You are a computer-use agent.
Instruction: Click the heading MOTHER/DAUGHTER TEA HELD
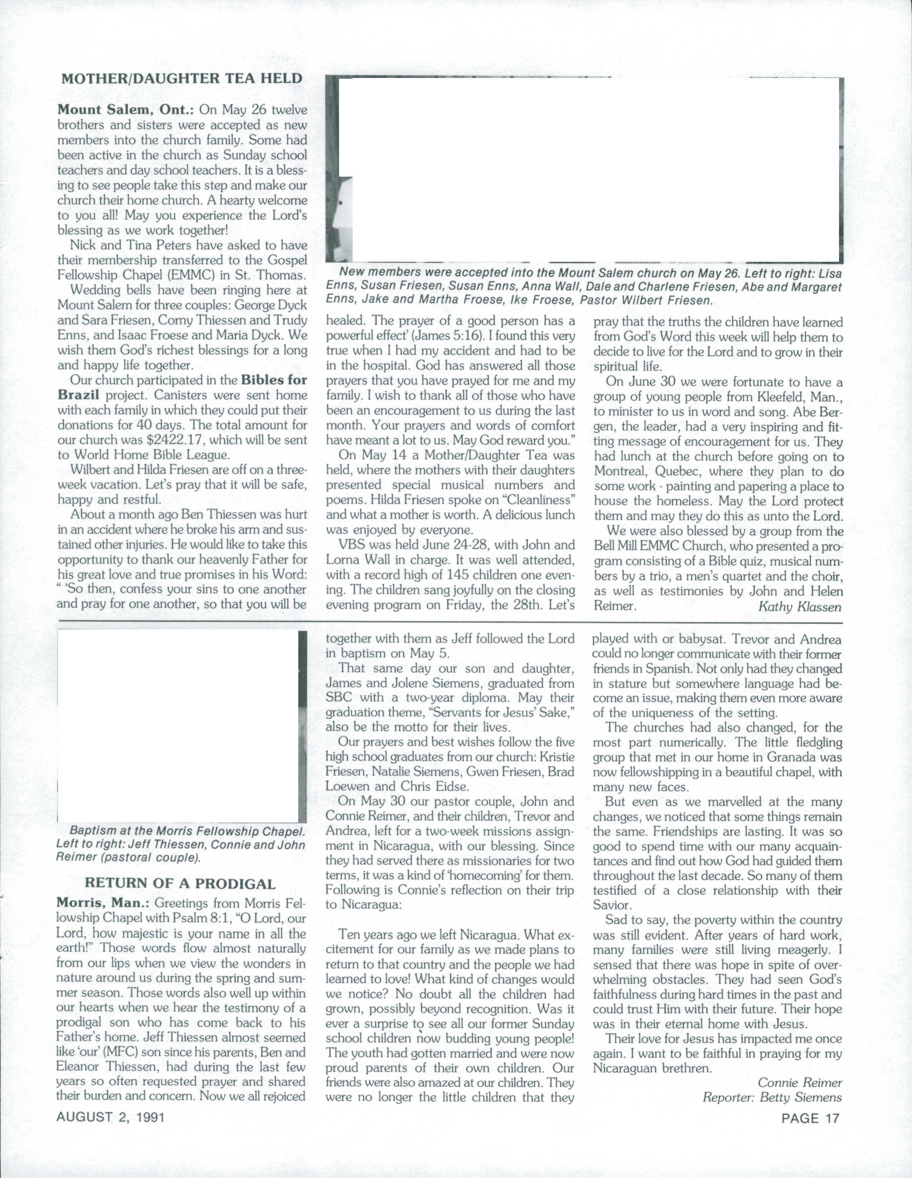point(182,79)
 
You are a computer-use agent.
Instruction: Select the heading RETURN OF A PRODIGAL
point(180,883)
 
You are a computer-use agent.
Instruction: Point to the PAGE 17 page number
point(810,1118)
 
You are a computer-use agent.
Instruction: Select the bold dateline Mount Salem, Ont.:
point(127,110)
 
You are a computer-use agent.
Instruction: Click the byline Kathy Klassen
point(799,607)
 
